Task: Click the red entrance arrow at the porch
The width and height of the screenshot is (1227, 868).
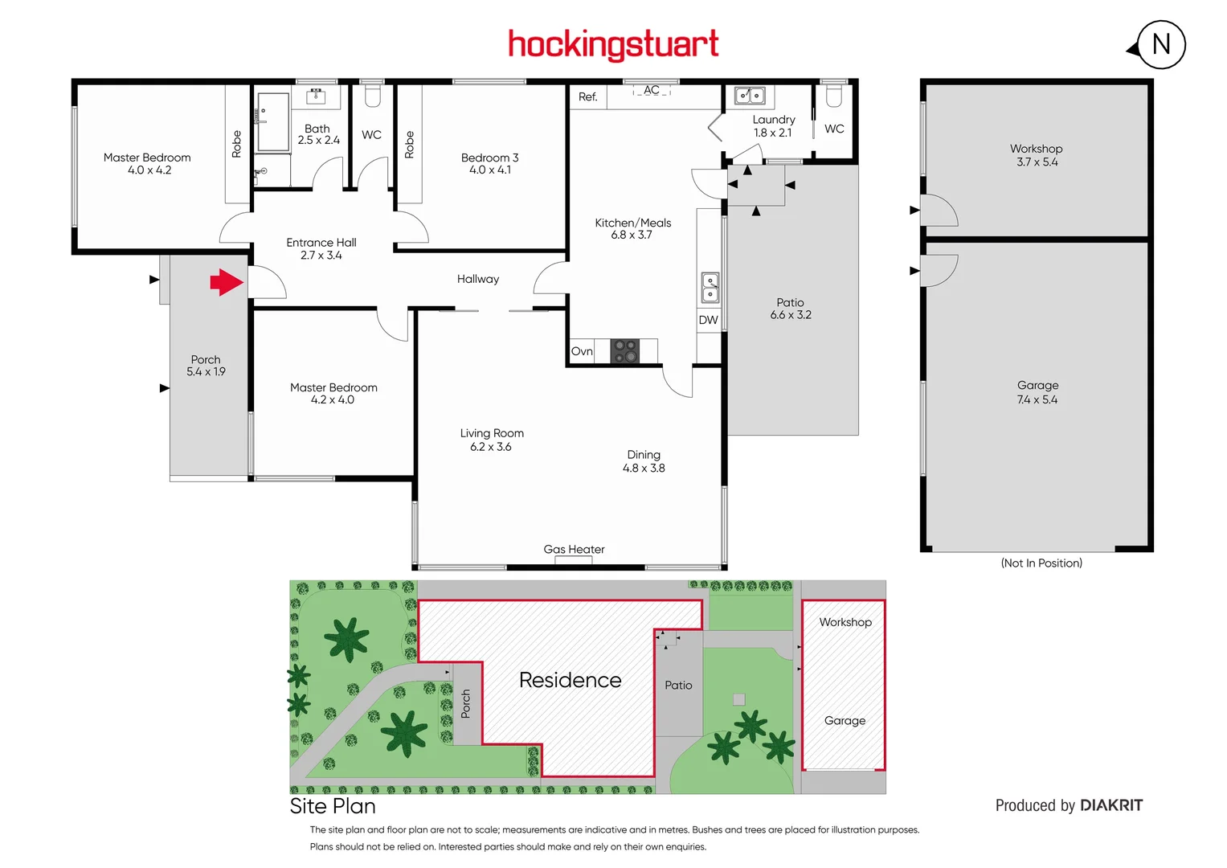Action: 227,282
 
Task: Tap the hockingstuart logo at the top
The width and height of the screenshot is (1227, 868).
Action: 613,44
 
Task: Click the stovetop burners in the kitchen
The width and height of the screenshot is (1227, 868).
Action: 625,351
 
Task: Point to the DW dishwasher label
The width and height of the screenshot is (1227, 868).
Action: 708,320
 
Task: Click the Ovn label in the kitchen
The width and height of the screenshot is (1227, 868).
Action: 582,351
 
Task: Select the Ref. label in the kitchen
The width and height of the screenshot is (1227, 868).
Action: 588,97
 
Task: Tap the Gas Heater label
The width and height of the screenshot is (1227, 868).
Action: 574,550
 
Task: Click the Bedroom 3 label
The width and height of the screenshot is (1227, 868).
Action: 489,164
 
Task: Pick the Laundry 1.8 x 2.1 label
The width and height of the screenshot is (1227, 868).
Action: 773,126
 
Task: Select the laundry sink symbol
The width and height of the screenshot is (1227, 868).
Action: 750,96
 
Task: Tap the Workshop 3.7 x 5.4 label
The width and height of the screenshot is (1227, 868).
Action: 1037,155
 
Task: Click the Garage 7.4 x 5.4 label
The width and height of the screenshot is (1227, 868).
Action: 1037,392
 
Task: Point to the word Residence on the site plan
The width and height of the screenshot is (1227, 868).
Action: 570,681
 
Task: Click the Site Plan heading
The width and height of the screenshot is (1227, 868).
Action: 333,806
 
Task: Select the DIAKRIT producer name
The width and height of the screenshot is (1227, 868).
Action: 1111,805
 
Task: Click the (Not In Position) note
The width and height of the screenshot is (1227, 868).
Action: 1041,563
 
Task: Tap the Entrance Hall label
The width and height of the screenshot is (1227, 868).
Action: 321,248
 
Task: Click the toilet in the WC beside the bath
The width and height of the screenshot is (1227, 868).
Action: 372,96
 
